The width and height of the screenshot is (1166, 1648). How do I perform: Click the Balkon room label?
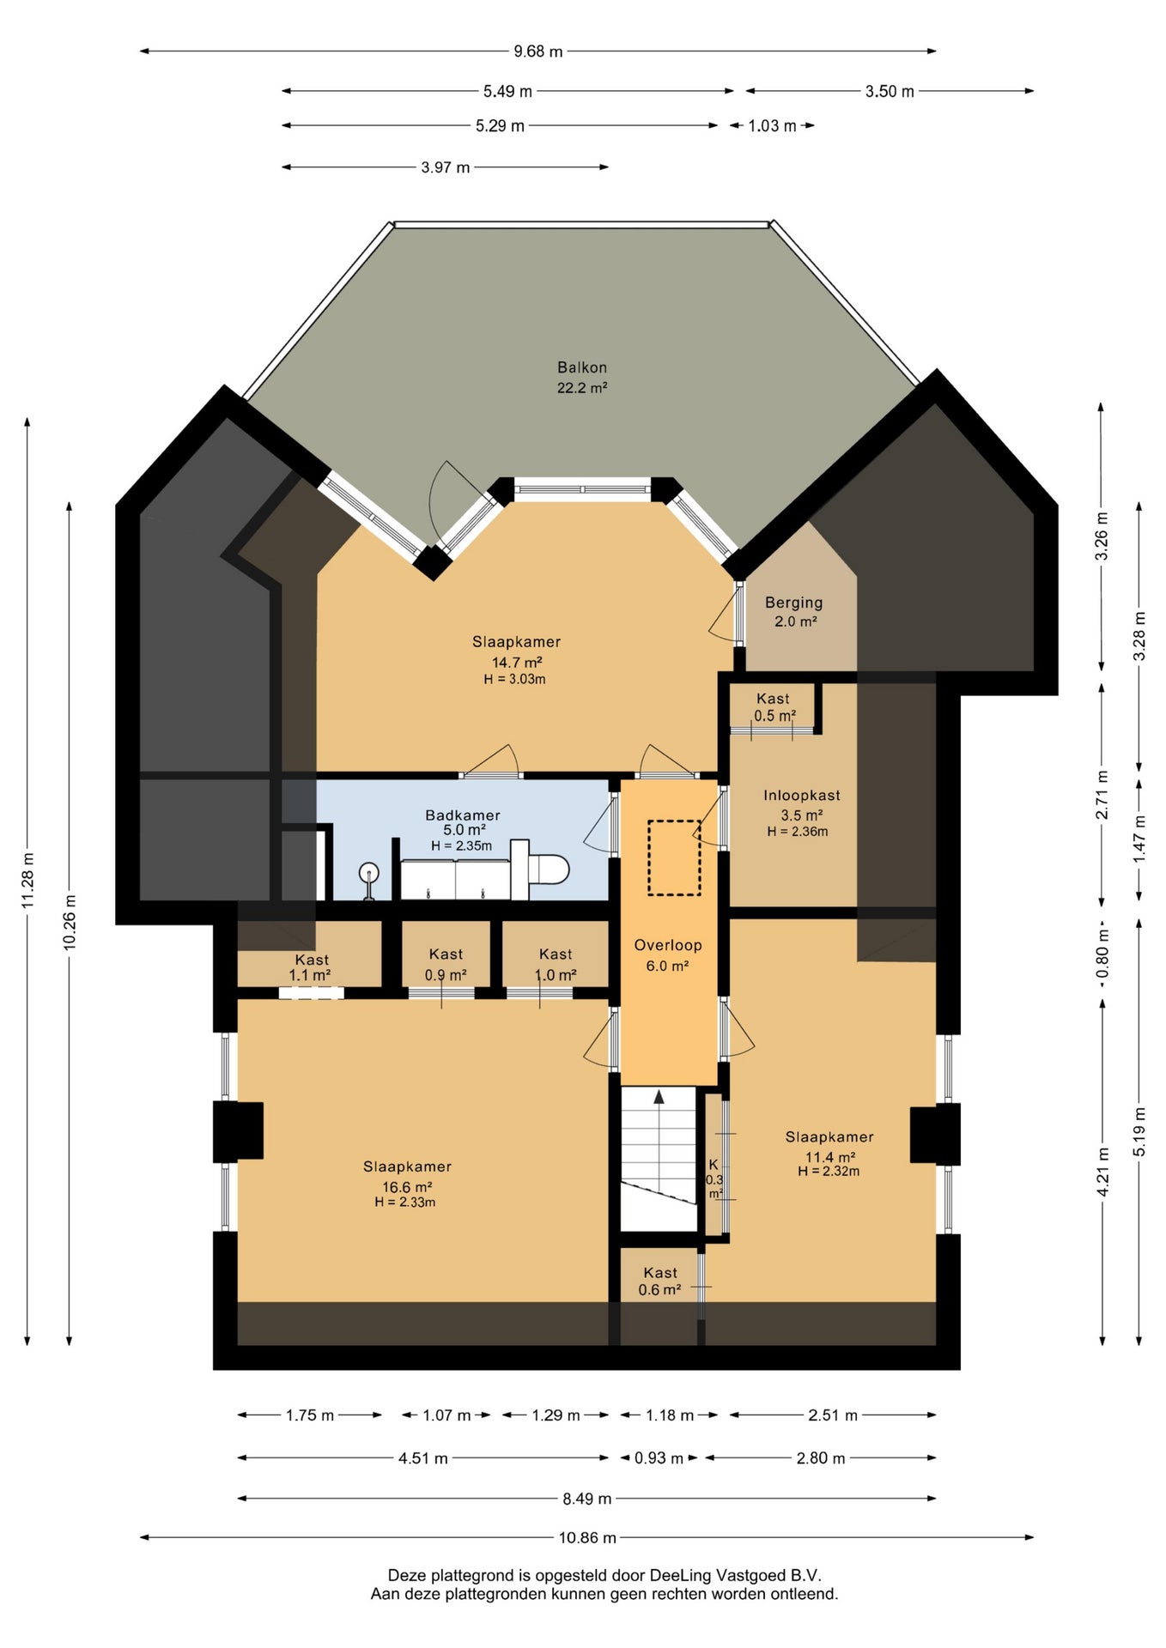(582, 367)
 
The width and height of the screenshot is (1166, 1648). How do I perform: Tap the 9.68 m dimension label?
(538, 51)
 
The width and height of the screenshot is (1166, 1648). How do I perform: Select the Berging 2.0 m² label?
(794, 612)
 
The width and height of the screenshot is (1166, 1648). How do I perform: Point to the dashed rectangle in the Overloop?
(674, 857)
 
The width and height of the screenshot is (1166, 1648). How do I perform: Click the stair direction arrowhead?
(659, 1096)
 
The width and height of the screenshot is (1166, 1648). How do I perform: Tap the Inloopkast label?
(802, 796)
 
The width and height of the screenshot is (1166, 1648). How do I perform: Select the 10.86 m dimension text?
(587, 1537)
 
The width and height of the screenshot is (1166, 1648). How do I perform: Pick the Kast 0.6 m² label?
(660, 1281)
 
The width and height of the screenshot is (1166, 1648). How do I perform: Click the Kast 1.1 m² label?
(311, 967)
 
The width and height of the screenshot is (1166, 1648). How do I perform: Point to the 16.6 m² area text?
(407, 1188)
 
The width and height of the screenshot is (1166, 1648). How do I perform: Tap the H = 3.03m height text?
(515, 679)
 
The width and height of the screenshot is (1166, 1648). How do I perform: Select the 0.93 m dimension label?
(659, 1458)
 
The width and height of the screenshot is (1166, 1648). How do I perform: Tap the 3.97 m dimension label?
(446, 167)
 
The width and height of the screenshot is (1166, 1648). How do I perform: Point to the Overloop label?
(668, 945)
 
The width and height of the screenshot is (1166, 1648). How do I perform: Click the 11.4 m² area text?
(830, 1157)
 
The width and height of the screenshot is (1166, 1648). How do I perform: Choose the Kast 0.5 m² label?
(774, 707)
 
